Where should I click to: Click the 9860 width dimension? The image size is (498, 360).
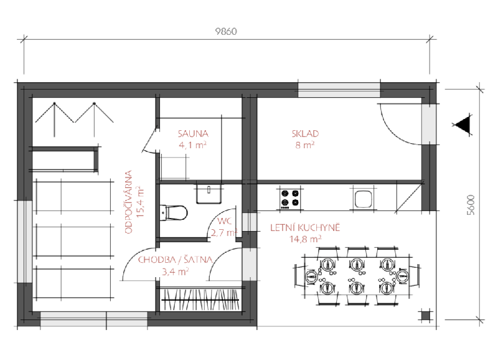click(226, 32)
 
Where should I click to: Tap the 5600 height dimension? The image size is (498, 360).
click(471, 205)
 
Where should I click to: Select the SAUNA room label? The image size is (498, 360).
click(193, 133)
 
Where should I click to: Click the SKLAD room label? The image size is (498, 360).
click(305, 133)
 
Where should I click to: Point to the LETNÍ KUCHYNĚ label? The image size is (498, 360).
click(305, 227)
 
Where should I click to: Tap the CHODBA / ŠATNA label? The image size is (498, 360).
click(175, 260)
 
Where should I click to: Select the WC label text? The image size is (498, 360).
click(225, 221)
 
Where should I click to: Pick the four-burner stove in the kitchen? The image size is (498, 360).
click(290, 198)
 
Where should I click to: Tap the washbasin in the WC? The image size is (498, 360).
click(209, 192)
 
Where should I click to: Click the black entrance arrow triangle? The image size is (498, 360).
click(463, 125)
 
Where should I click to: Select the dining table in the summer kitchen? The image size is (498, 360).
click(357, 277)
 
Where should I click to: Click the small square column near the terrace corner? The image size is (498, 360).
click(425, 316)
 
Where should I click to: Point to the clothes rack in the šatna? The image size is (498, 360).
click(200, 300)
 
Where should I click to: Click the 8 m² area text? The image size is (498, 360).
click(305, 145)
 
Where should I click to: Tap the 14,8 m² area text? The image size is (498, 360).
click(305, 239)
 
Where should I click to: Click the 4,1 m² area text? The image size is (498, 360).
click(193, 145)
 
